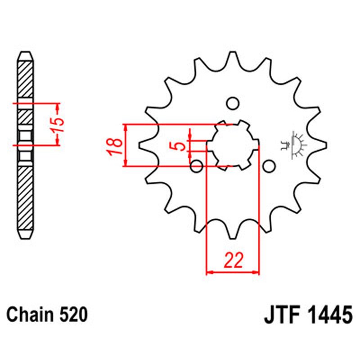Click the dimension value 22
coord(233,261)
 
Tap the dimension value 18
coord(115,146)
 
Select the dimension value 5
coord(179,146)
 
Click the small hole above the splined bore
coord(232,103)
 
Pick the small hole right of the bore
coord(269,167)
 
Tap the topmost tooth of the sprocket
coord(233,58)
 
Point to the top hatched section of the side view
coord(25,79)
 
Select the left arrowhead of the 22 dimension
coord(208,272)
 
